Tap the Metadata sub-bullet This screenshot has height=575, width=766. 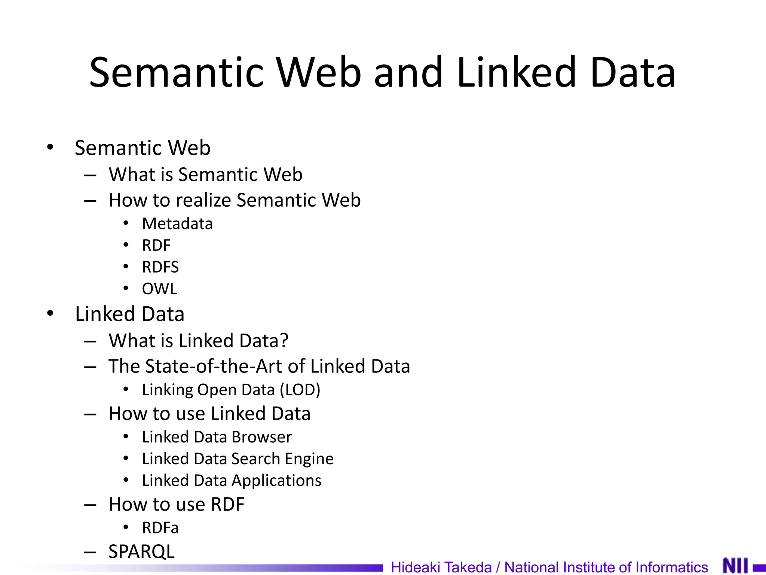[x=177, y=224]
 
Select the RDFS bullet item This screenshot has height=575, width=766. [x=160, y=267]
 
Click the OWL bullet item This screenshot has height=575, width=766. [x=160, y=289]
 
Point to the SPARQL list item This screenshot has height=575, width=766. [x=141, y=551]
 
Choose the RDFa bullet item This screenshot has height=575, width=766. [x=160, y=528]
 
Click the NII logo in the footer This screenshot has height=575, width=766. [x=735, y=566]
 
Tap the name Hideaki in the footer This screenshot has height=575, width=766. [x=415, y=567]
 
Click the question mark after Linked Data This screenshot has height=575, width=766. [x=284, y=341]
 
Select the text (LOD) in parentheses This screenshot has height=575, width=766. [x=300, y=390]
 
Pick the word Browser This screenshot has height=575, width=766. [x=261, y=437]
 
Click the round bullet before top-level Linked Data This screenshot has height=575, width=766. [x=50, y=313]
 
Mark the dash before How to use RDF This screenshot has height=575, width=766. [x=91, y=505]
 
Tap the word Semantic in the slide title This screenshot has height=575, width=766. [x=176, y=72]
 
